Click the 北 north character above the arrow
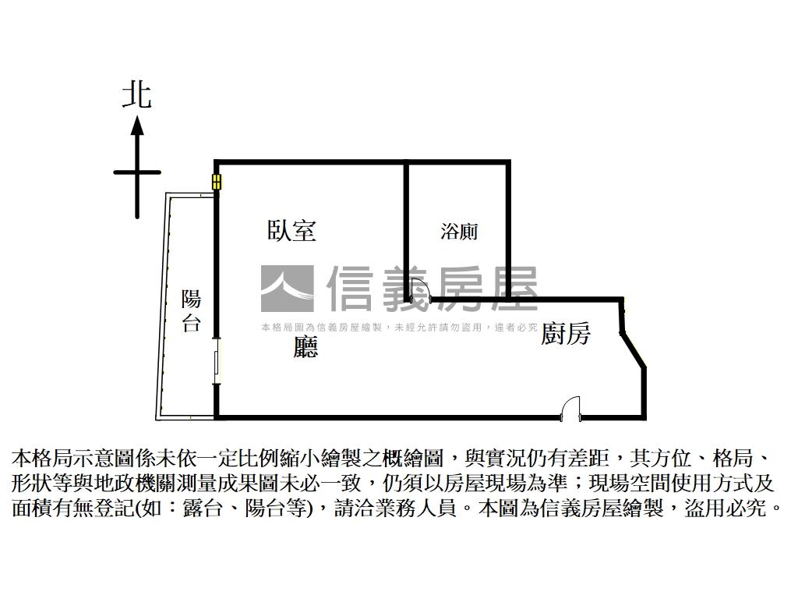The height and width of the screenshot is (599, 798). click(137, 95)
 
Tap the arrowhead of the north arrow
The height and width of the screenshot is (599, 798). click(137, 125)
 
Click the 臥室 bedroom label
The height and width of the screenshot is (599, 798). click(291, 230)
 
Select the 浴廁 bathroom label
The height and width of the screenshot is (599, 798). click(458, 231)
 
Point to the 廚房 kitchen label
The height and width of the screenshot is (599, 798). click(566, 334)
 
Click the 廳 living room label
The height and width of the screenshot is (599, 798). click(305, 346)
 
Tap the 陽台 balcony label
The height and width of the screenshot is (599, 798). click(191, 310)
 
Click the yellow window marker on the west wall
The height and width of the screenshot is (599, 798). click(216, 183)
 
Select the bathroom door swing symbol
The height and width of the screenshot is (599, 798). click(421, 289)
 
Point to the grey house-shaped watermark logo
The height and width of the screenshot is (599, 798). click(287, 289)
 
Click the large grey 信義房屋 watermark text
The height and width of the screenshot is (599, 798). click(433, 289)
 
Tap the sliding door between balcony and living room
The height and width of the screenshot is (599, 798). click(217, 364)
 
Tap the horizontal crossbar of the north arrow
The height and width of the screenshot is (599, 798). click(137, 172)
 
